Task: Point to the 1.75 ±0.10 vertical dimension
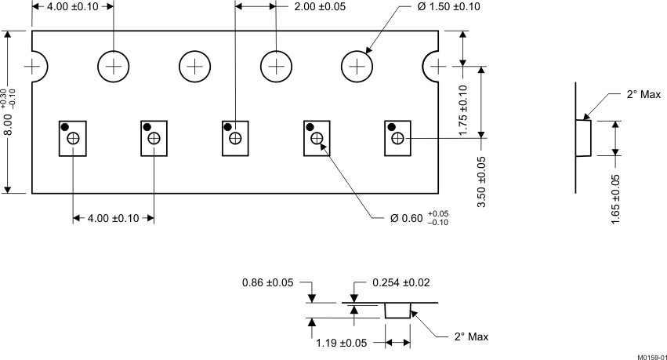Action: click(x=463, y=110)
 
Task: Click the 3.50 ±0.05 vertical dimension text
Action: click(x=480, y=181)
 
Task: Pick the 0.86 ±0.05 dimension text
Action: click(x=266, y=282)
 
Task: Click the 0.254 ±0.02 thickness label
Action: click(x=401, y=282)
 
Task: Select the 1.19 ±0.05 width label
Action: click(x=342, y=343)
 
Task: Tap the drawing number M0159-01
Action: click(x=651, y=356)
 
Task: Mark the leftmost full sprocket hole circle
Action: click(x=114, y=67)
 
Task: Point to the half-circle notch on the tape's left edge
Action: click(x=37, y=67)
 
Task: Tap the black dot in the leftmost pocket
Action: click(x=64, y=127)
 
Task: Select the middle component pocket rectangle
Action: click(x=234, y=138)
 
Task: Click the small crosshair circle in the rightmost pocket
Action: click(x=398, y=139)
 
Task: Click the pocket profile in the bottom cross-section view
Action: click(x=397, y=311)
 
